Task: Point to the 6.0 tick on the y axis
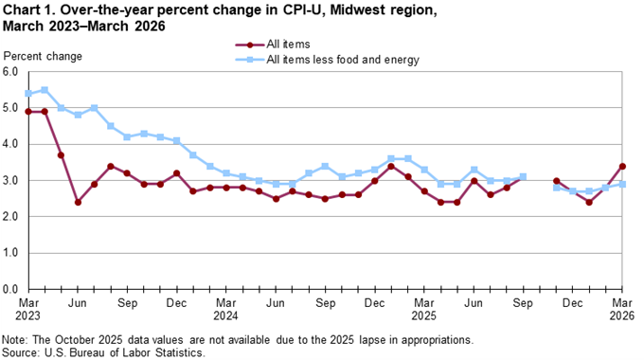coord(10,72)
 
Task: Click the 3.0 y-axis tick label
coord(10,181)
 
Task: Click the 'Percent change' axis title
coord(42,56)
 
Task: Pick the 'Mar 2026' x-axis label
coord(621,308)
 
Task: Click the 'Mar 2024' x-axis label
coord(225,308)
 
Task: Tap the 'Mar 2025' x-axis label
coord(423,308)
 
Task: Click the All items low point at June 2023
coord(78,202)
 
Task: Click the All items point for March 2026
coord(621,166)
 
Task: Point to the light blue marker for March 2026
coord(621,184)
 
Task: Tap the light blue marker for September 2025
coord(523,177)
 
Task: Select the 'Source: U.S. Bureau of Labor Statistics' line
coord(103,351)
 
